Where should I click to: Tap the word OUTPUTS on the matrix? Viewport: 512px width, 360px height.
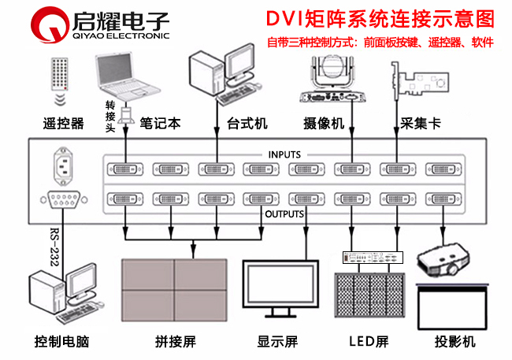tap(284, 213)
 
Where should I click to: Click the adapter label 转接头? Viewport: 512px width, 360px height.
tap(111, 117)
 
